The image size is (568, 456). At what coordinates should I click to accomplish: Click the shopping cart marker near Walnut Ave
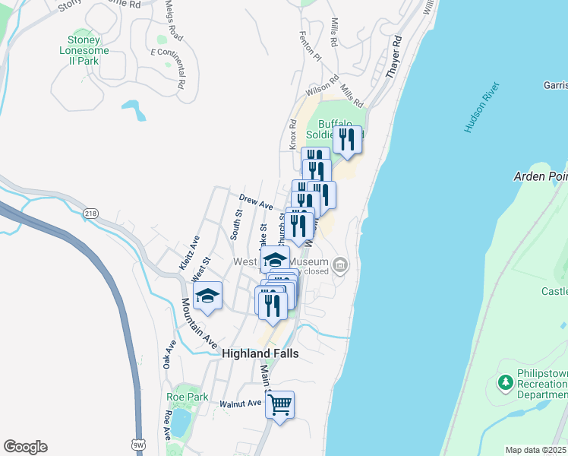(x=279, y=404)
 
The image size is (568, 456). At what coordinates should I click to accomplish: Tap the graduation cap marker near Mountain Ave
(x=207, y=296)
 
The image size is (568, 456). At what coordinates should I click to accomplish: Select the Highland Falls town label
(x=260, y=354)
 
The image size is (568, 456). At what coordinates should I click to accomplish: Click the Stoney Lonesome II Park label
(x=89, y=51)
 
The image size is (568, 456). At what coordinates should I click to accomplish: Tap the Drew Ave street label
(x=256, y=201)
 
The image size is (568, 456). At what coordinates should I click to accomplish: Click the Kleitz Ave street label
(x=189, y=252)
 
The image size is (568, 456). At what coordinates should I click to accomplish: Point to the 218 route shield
(x=91, y=214)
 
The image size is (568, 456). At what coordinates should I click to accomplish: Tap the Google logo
(x=25, y=447)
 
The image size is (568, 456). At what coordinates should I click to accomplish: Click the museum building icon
(x=340, y=265)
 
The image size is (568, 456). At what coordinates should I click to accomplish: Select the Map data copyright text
(x=536, y=450)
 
